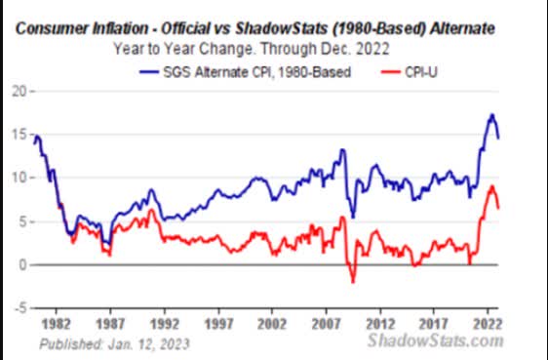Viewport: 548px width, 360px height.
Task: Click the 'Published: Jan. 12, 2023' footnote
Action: [114, 344]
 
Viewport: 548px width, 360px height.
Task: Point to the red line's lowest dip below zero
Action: [352, 282]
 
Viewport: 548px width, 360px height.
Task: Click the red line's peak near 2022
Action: [493, 185]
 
